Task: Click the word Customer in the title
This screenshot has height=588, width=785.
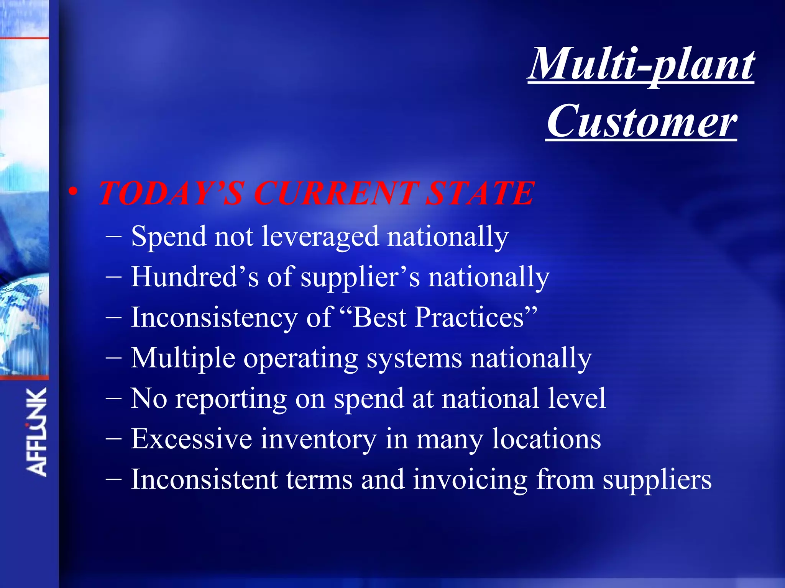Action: (641, 121)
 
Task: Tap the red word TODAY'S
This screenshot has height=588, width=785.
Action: (171, 193)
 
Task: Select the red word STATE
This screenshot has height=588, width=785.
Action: (480, 193)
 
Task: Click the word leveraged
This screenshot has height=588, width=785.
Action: (320, 237)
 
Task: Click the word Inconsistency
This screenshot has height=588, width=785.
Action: (214, 318)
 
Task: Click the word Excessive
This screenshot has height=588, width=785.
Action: (191, 439)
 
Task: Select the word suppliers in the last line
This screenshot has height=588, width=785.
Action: (657, 480)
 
